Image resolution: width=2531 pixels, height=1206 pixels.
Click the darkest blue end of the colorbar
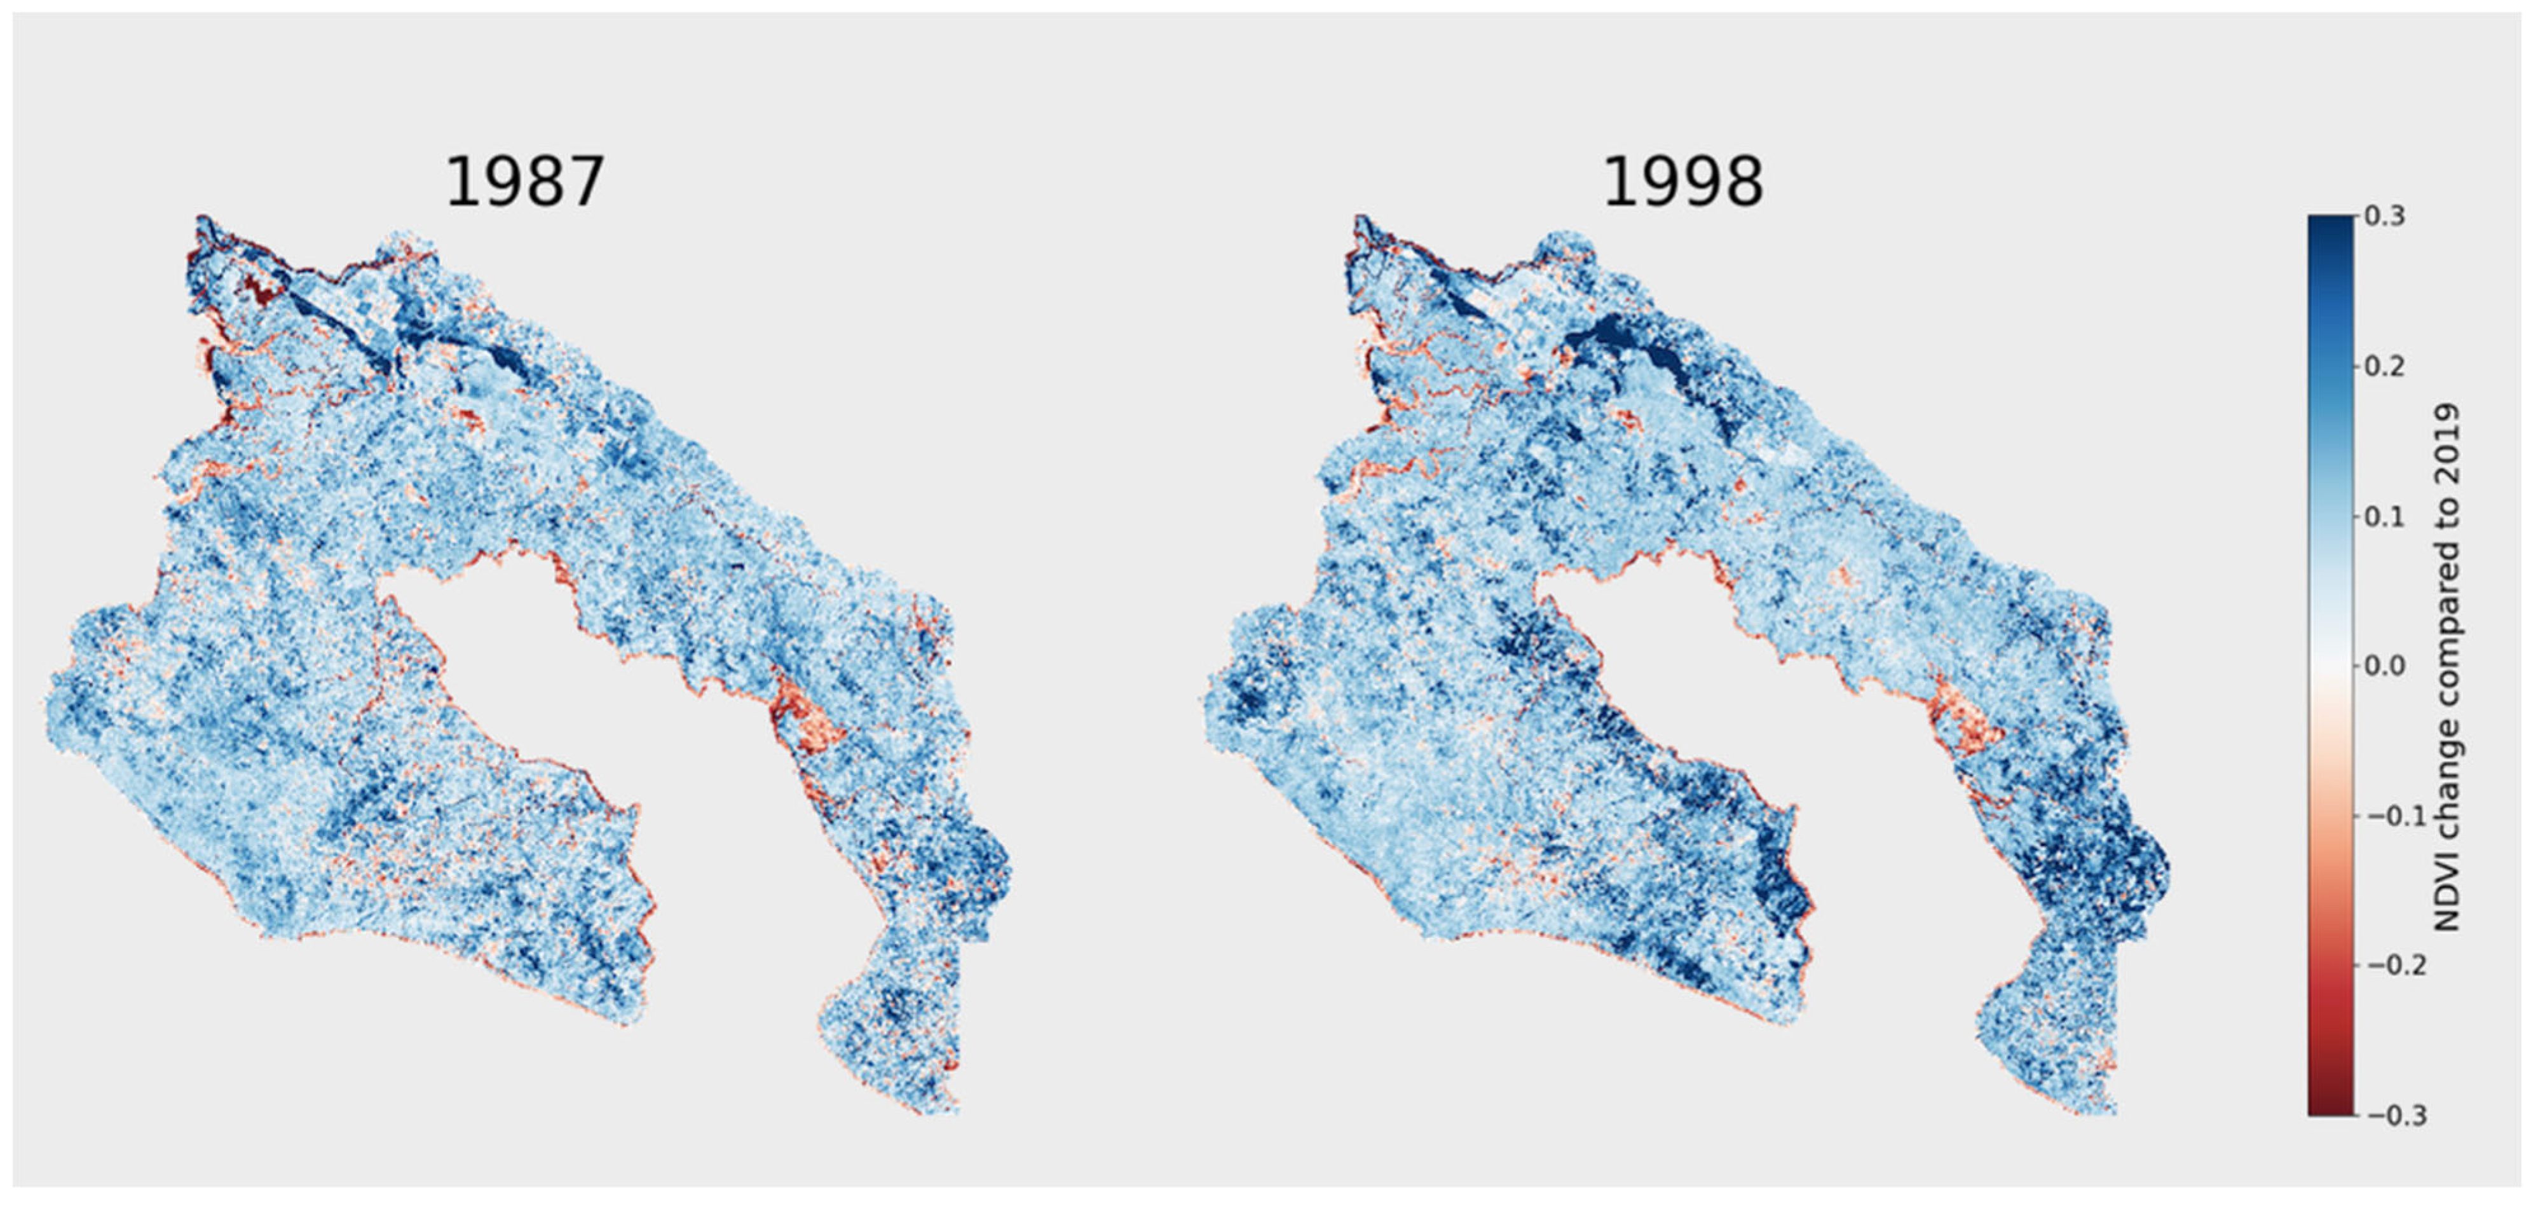coord(2331,222)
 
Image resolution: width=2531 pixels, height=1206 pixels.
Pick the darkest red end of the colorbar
coord(2331,1109)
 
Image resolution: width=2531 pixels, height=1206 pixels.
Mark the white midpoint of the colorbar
coord(2331,666)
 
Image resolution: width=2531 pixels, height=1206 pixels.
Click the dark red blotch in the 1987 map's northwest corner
coord(261,291)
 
